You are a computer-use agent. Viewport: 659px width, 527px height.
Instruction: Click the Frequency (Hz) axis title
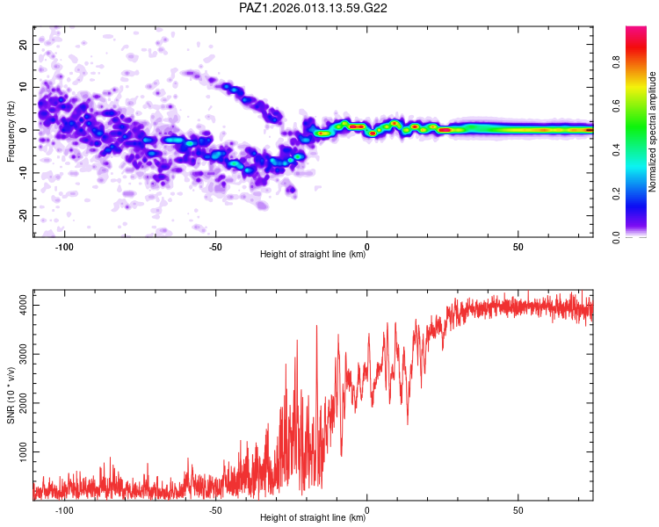(11, 130)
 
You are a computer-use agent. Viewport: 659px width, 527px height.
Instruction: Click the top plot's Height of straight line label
(313, 255)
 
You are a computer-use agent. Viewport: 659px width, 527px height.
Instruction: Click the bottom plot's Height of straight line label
(313, 518)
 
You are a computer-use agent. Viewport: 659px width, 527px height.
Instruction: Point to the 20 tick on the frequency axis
(24, 44)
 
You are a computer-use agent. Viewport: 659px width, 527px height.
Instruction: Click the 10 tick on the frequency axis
(24, 87)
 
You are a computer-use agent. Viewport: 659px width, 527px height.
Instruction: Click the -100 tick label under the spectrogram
(64, 247)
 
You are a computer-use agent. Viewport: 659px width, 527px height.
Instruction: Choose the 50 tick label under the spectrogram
(518, 247)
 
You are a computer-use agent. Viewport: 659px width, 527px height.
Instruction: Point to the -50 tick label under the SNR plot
(215, 510)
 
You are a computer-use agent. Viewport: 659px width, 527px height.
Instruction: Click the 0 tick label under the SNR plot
(367, 510)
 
